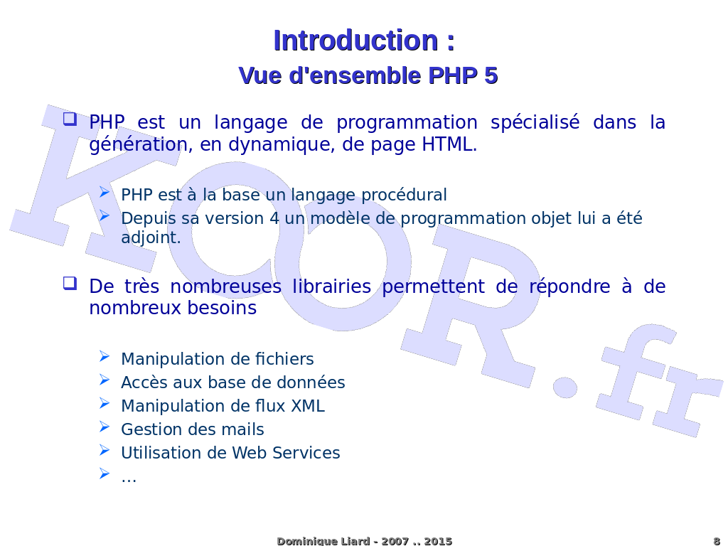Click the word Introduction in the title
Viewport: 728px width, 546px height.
point(355,41)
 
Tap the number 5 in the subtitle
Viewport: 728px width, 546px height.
point(491,75)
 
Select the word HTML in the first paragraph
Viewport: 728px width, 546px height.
point(448,144)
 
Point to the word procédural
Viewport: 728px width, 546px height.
point(404,195)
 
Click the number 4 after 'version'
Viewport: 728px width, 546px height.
point(274,218)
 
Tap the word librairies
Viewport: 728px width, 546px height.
point(332,287)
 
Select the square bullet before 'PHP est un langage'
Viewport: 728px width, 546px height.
point(70,119)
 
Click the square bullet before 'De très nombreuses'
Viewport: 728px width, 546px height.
point(70,283)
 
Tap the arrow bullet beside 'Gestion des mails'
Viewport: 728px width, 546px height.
point(105,427)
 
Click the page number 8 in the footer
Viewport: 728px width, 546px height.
point(717,541)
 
